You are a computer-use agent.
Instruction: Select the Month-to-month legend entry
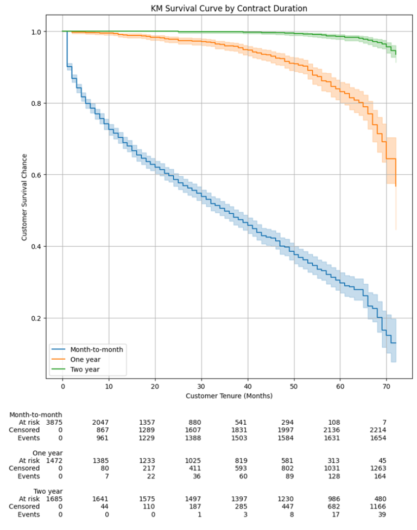click(x=96, y=349)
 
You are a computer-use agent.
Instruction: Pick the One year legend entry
click(x=84, y=359)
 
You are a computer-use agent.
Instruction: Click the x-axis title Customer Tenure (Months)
click(x=229, y=396)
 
